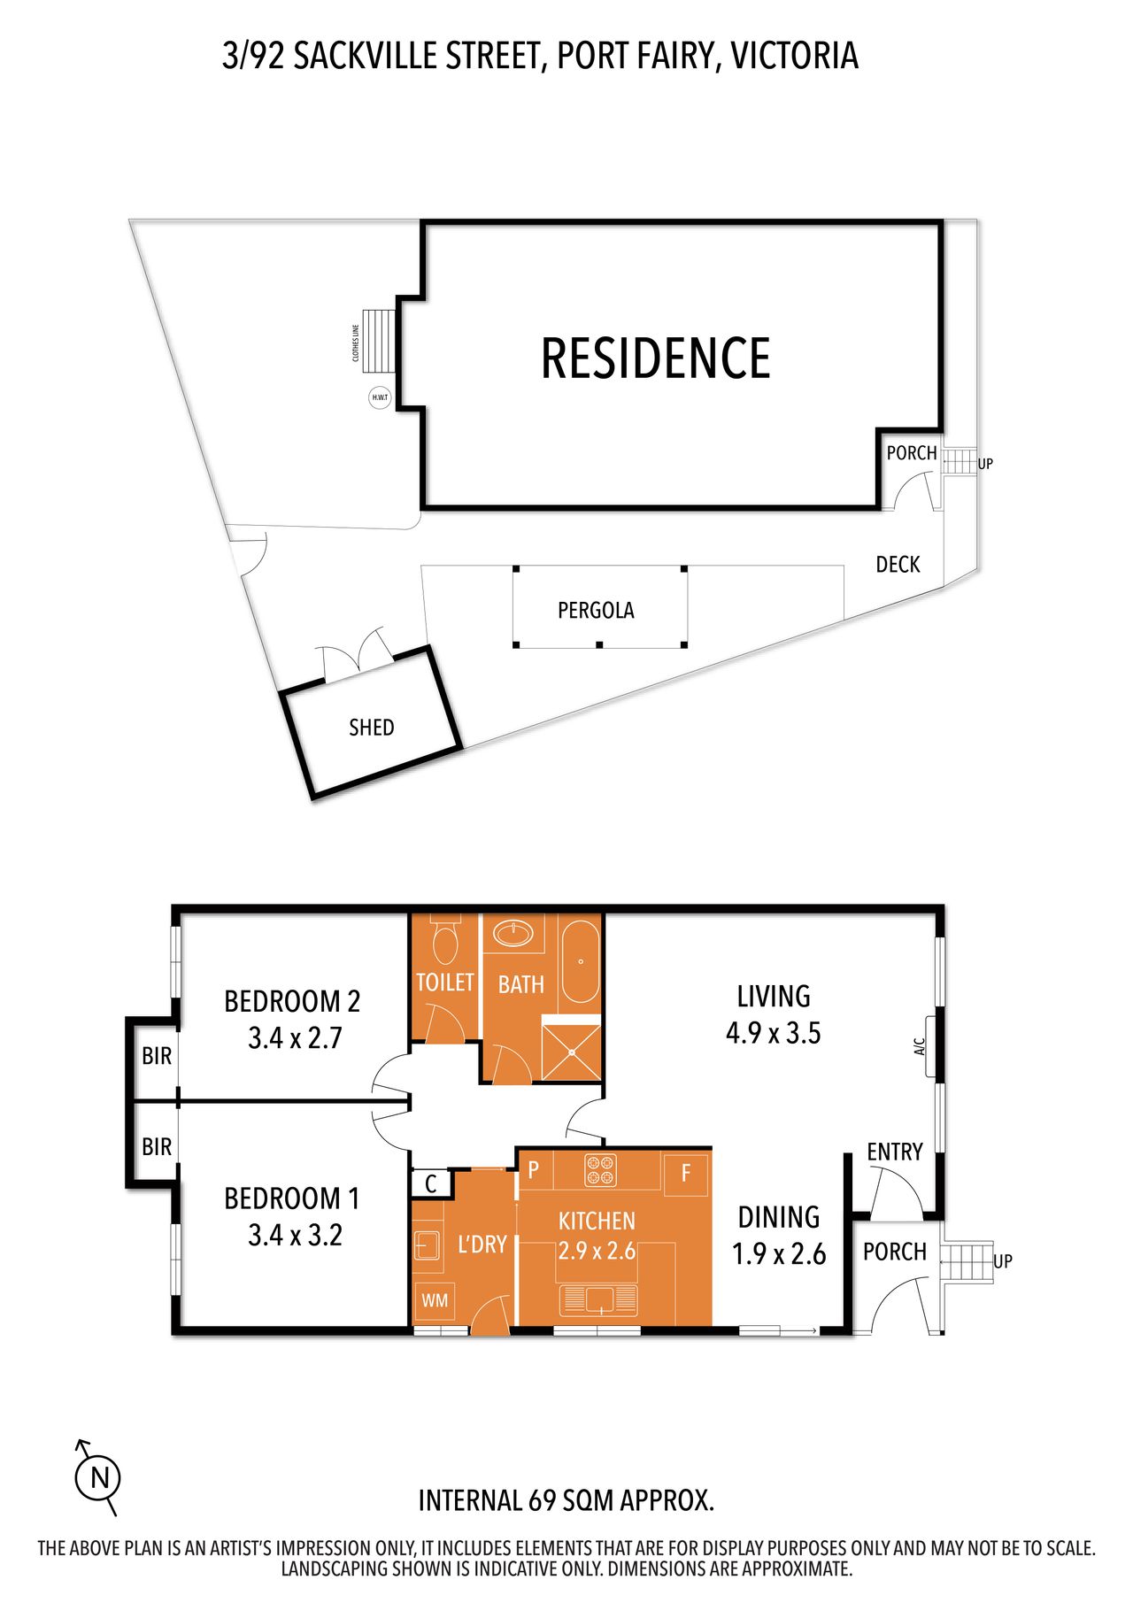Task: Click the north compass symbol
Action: [x=96, y=1477]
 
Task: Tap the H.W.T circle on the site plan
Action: [x=380, y=397]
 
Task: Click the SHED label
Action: [x=372, y=728]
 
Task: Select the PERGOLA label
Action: [x=596, y=610]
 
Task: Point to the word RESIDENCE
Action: [x=656, y=358]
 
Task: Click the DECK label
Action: [x=898, y=565]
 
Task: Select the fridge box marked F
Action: [x=685, y=1175]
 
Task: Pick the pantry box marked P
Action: [x=534, y=1170]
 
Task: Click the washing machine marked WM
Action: [x=435, y=1300]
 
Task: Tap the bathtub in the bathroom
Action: [x=580, y=962]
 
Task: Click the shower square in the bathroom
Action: [x=571, y=1052]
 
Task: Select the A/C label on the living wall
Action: [x=920, y=1047]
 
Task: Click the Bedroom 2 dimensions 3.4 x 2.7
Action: [x=295, y=1037]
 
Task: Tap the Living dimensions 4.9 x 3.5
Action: [x=774, y=1033]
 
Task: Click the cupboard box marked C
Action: [x=431, y=1183]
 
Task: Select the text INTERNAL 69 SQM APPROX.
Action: [x=566, y=1501]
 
